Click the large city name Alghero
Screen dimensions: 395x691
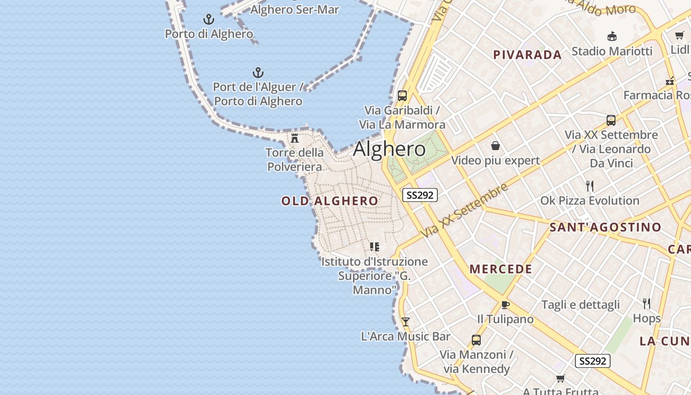click(389, 149)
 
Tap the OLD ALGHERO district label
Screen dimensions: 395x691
click(330, 201)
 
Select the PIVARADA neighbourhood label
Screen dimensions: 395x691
click(527, 55)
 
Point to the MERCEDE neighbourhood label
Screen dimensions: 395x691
click(500, 269)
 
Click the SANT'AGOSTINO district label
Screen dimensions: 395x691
click(605, 227)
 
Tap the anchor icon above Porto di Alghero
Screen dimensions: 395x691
click(209, 20)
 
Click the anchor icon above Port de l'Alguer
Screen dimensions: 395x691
click(258, 73)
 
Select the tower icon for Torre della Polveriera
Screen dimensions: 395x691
click(295, 138)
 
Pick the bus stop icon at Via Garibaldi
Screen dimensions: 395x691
click(402, 96)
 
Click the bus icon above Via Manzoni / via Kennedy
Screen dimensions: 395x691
click(476, 340)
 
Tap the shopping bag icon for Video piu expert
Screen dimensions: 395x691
click(496, 146)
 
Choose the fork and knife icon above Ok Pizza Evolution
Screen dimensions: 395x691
click(589, 186)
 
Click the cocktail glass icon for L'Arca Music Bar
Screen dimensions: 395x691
click(406, 322)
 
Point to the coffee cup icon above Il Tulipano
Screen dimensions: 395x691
click(505, 305)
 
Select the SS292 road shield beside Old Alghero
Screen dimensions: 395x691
click(420, 195)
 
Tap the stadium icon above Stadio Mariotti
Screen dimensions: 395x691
click(612, 36)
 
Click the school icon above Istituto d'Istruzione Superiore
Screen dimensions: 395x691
click(375, 246)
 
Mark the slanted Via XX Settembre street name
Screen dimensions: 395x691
click(464, 210)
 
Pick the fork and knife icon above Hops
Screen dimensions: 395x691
click(647, 303)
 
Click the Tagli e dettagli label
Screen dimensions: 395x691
click(580, 305)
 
